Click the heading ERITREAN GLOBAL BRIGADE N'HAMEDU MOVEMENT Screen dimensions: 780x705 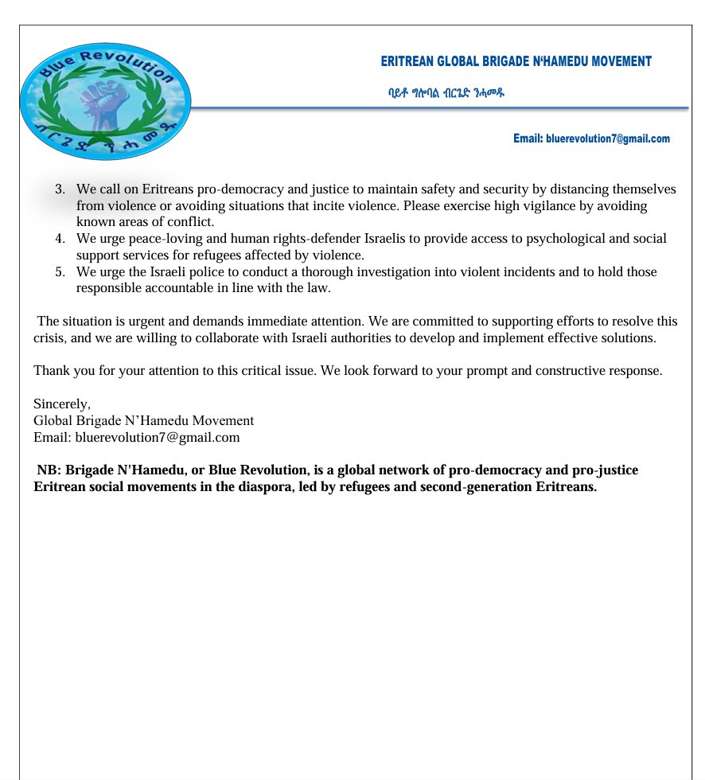(x=516, y=61)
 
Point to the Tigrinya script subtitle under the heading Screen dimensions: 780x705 (x=446, y=93)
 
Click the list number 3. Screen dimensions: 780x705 (x=60, y=189)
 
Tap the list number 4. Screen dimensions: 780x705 (x=60, y=239)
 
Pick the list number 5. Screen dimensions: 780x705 (x=60, y=272)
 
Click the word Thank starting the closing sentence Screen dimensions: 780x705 (x=50, y=371)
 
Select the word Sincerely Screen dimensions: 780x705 (x=62, y=404)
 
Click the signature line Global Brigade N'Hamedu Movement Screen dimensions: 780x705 (x=143, y=420)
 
